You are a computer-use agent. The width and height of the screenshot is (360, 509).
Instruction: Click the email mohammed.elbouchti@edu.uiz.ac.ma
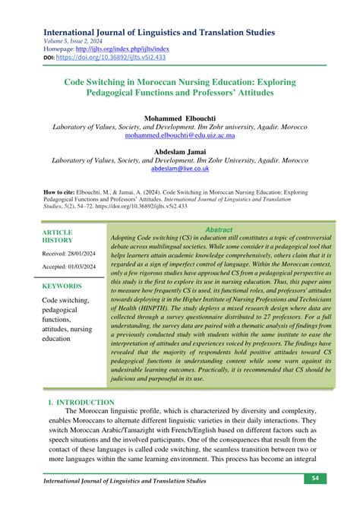click(180, 138)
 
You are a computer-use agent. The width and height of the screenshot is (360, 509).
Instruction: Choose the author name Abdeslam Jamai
click(180, 151)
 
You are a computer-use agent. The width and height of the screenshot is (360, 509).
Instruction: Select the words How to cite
click(63, 192)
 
